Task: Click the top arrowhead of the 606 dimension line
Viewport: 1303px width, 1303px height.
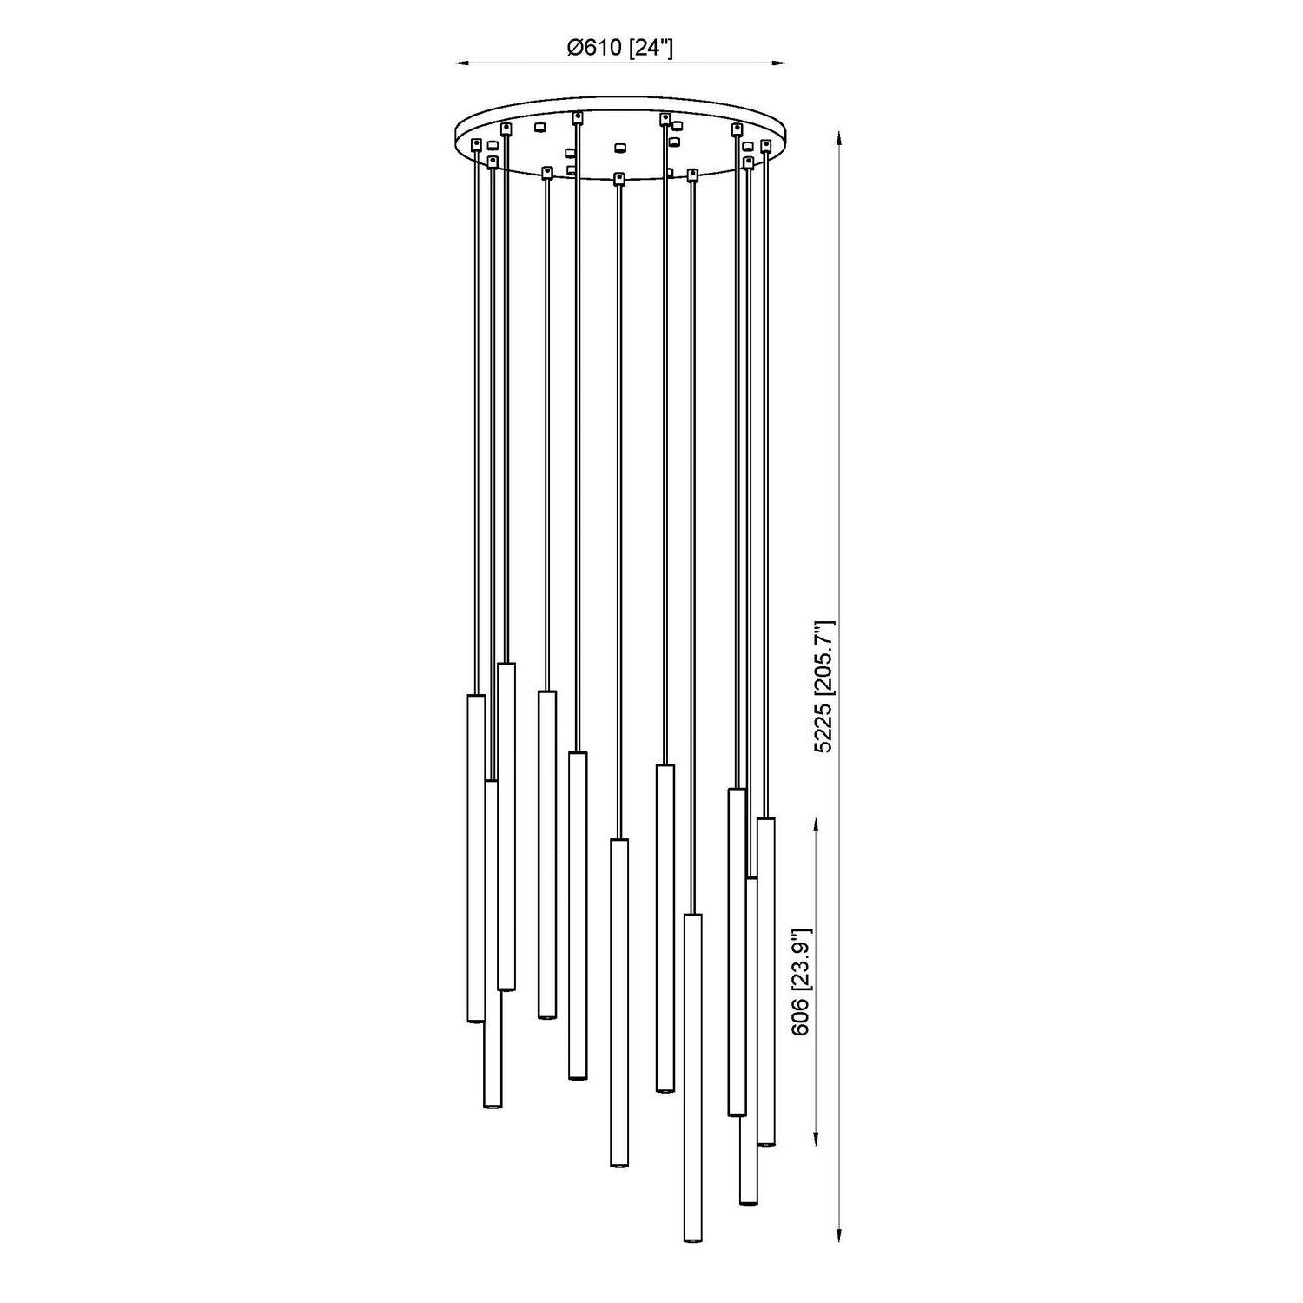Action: [817, 822]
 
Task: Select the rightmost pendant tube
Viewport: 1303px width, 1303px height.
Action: [766, 982]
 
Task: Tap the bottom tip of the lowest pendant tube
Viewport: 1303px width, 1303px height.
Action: [692, 1240]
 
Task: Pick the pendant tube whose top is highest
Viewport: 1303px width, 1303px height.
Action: [506, 825]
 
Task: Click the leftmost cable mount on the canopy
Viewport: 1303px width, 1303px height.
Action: [475, 144]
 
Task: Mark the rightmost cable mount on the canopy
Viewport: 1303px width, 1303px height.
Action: [765, 144]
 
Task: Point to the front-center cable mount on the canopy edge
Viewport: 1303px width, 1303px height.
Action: [618, 178]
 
